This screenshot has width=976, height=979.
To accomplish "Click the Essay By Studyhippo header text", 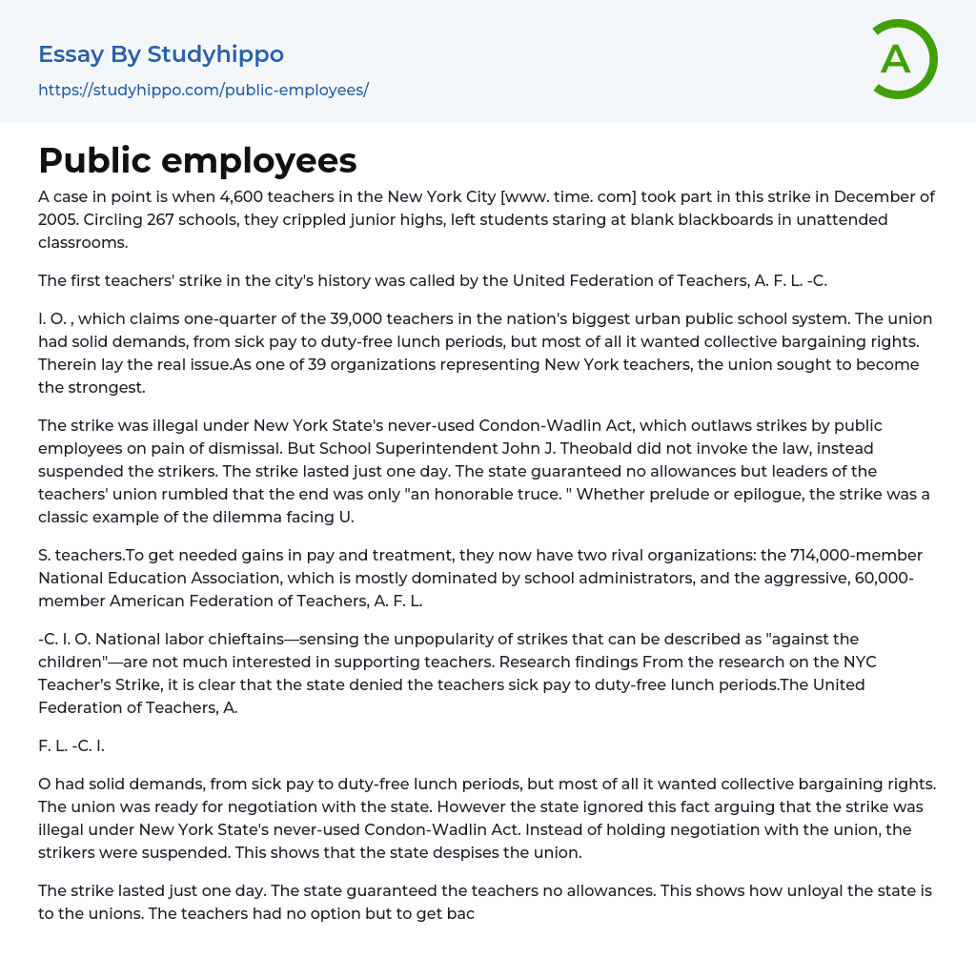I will pos(161,54).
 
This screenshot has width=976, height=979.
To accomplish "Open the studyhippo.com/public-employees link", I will pos(203,90).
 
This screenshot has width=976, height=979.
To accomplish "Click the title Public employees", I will pos(197,160).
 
